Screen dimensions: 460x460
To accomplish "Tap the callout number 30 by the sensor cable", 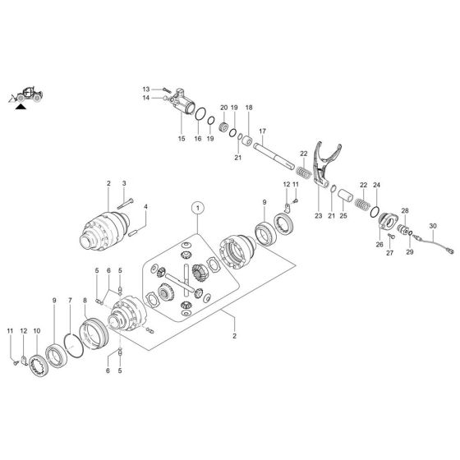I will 434,226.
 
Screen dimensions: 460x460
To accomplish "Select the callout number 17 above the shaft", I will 263,131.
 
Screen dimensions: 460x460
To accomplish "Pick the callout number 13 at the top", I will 145,88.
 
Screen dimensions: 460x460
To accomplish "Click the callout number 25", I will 343,216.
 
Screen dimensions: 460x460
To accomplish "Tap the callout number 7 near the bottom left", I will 71,302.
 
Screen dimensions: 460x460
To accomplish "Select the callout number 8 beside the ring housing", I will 85,302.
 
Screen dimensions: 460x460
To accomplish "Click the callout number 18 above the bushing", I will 249,108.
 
